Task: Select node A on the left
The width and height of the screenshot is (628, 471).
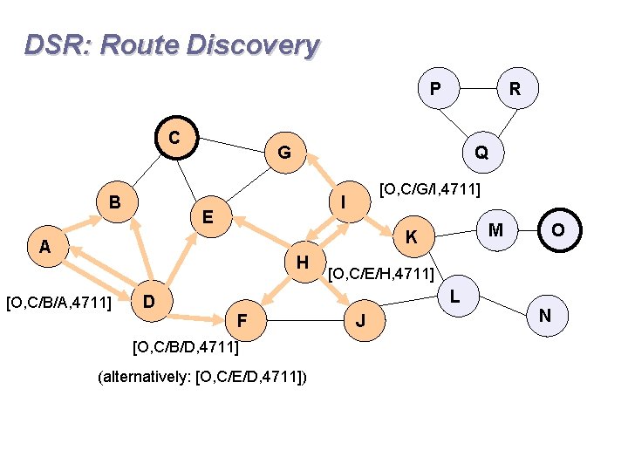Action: click(x=44, y=248)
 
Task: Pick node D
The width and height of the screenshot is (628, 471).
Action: click(x=149, y=302)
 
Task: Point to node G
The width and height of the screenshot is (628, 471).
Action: click(x=284, y=154)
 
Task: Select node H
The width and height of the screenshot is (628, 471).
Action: click(x=302, y=262)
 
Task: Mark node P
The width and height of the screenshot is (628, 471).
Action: click(x=434, y=89)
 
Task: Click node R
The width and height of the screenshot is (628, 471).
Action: click(x=515, y=89)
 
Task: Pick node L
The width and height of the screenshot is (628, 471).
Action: click(x=454, y=297)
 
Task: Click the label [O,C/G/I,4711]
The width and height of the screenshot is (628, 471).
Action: click(x=432, y=189)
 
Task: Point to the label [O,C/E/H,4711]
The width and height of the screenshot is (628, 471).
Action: click(x=381, y=275)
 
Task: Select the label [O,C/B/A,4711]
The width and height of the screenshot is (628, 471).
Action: click(x=58, y=303)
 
